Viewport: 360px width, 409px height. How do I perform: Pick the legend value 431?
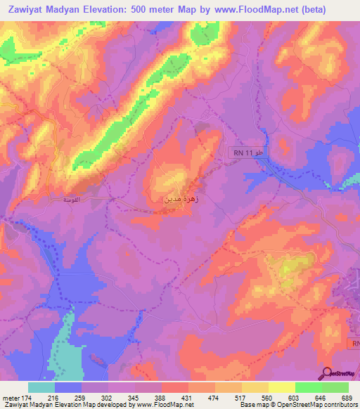point(188,397)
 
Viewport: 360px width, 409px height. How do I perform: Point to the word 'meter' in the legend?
point(11,397)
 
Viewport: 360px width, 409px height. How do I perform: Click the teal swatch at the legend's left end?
point(41,387)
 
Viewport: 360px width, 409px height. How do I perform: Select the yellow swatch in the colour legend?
point(282,387)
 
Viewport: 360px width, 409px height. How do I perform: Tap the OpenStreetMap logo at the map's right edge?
point(342,183)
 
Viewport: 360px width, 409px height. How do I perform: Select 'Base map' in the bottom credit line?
point(255,405)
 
